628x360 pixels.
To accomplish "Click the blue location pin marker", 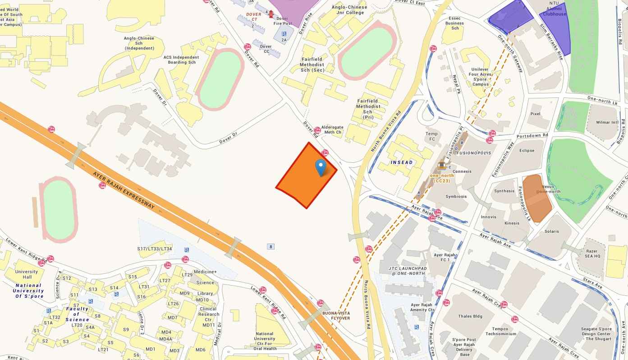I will point(321,167).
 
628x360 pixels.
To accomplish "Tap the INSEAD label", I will point(402,162).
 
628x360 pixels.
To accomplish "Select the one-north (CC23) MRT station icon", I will point(441,166).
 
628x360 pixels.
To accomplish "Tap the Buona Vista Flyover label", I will point(336,315).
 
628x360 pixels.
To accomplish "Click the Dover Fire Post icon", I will point(271,14).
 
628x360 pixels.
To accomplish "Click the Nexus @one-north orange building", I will point(538,197).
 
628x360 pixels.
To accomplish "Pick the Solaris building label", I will point(551,231).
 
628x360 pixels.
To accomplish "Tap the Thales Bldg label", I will point(470,316).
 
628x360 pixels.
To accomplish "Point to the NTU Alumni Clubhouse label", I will point(554,9).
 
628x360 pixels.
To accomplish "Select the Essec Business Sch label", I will point(454,23).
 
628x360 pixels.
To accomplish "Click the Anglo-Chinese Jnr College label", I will point(349,10).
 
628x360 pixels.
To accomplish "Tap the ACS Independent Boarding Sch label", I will point(181,60).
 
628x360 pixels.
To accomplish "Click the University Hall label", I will point(27,274).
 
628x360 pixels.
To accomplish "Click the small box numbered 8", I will point(270,246).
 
